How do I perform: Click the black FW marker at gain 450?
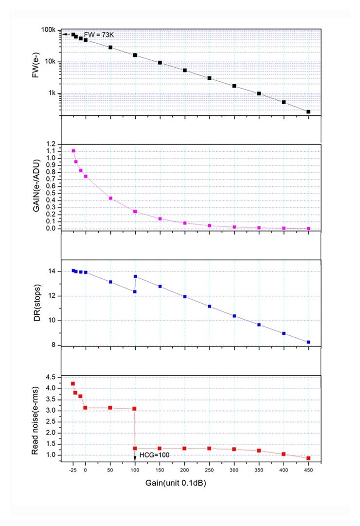point(308,112)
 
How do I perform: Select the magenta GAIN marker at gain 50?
point(110,199)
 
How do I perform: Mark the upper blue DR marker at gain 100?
point(135,276)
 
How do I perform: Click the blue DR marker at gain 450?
point(308,342)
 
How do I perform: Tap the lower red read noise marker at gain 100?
point(135,448)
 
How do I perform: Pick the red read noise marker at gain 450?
point(308,458)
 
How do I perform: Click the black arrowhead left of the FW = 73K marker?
point(64,34)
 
